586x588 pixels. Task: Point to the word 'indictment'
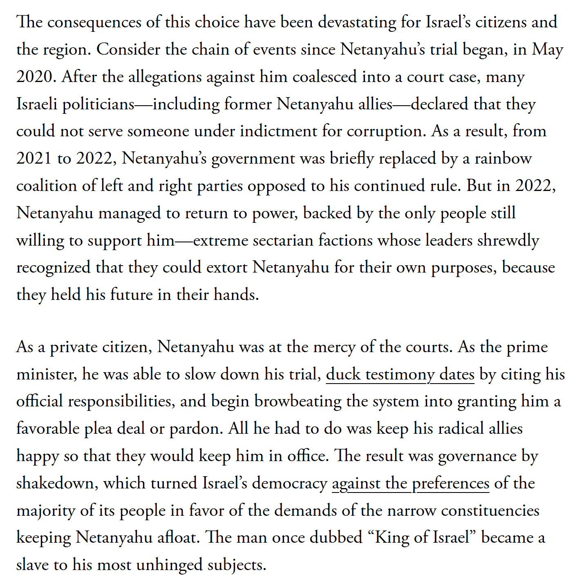(x=278, y=131)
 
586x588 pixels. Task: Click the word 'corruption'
(x=386, y=131)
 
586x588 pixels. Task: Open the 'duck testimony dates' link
(x=400, y=374)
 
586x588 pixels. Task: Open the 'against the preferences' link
(x=410, y=483)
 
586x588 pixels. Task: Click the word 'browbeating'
(x=298, y=402)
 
